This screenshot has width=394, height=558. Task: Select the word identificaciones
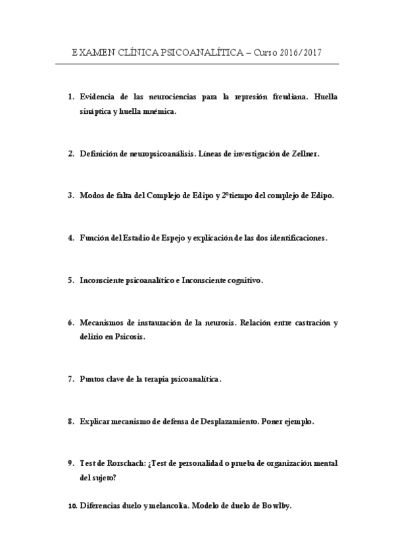[x=296, y=238]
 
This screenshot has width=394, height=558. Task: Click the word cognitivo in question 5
[x=244, y=280]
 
